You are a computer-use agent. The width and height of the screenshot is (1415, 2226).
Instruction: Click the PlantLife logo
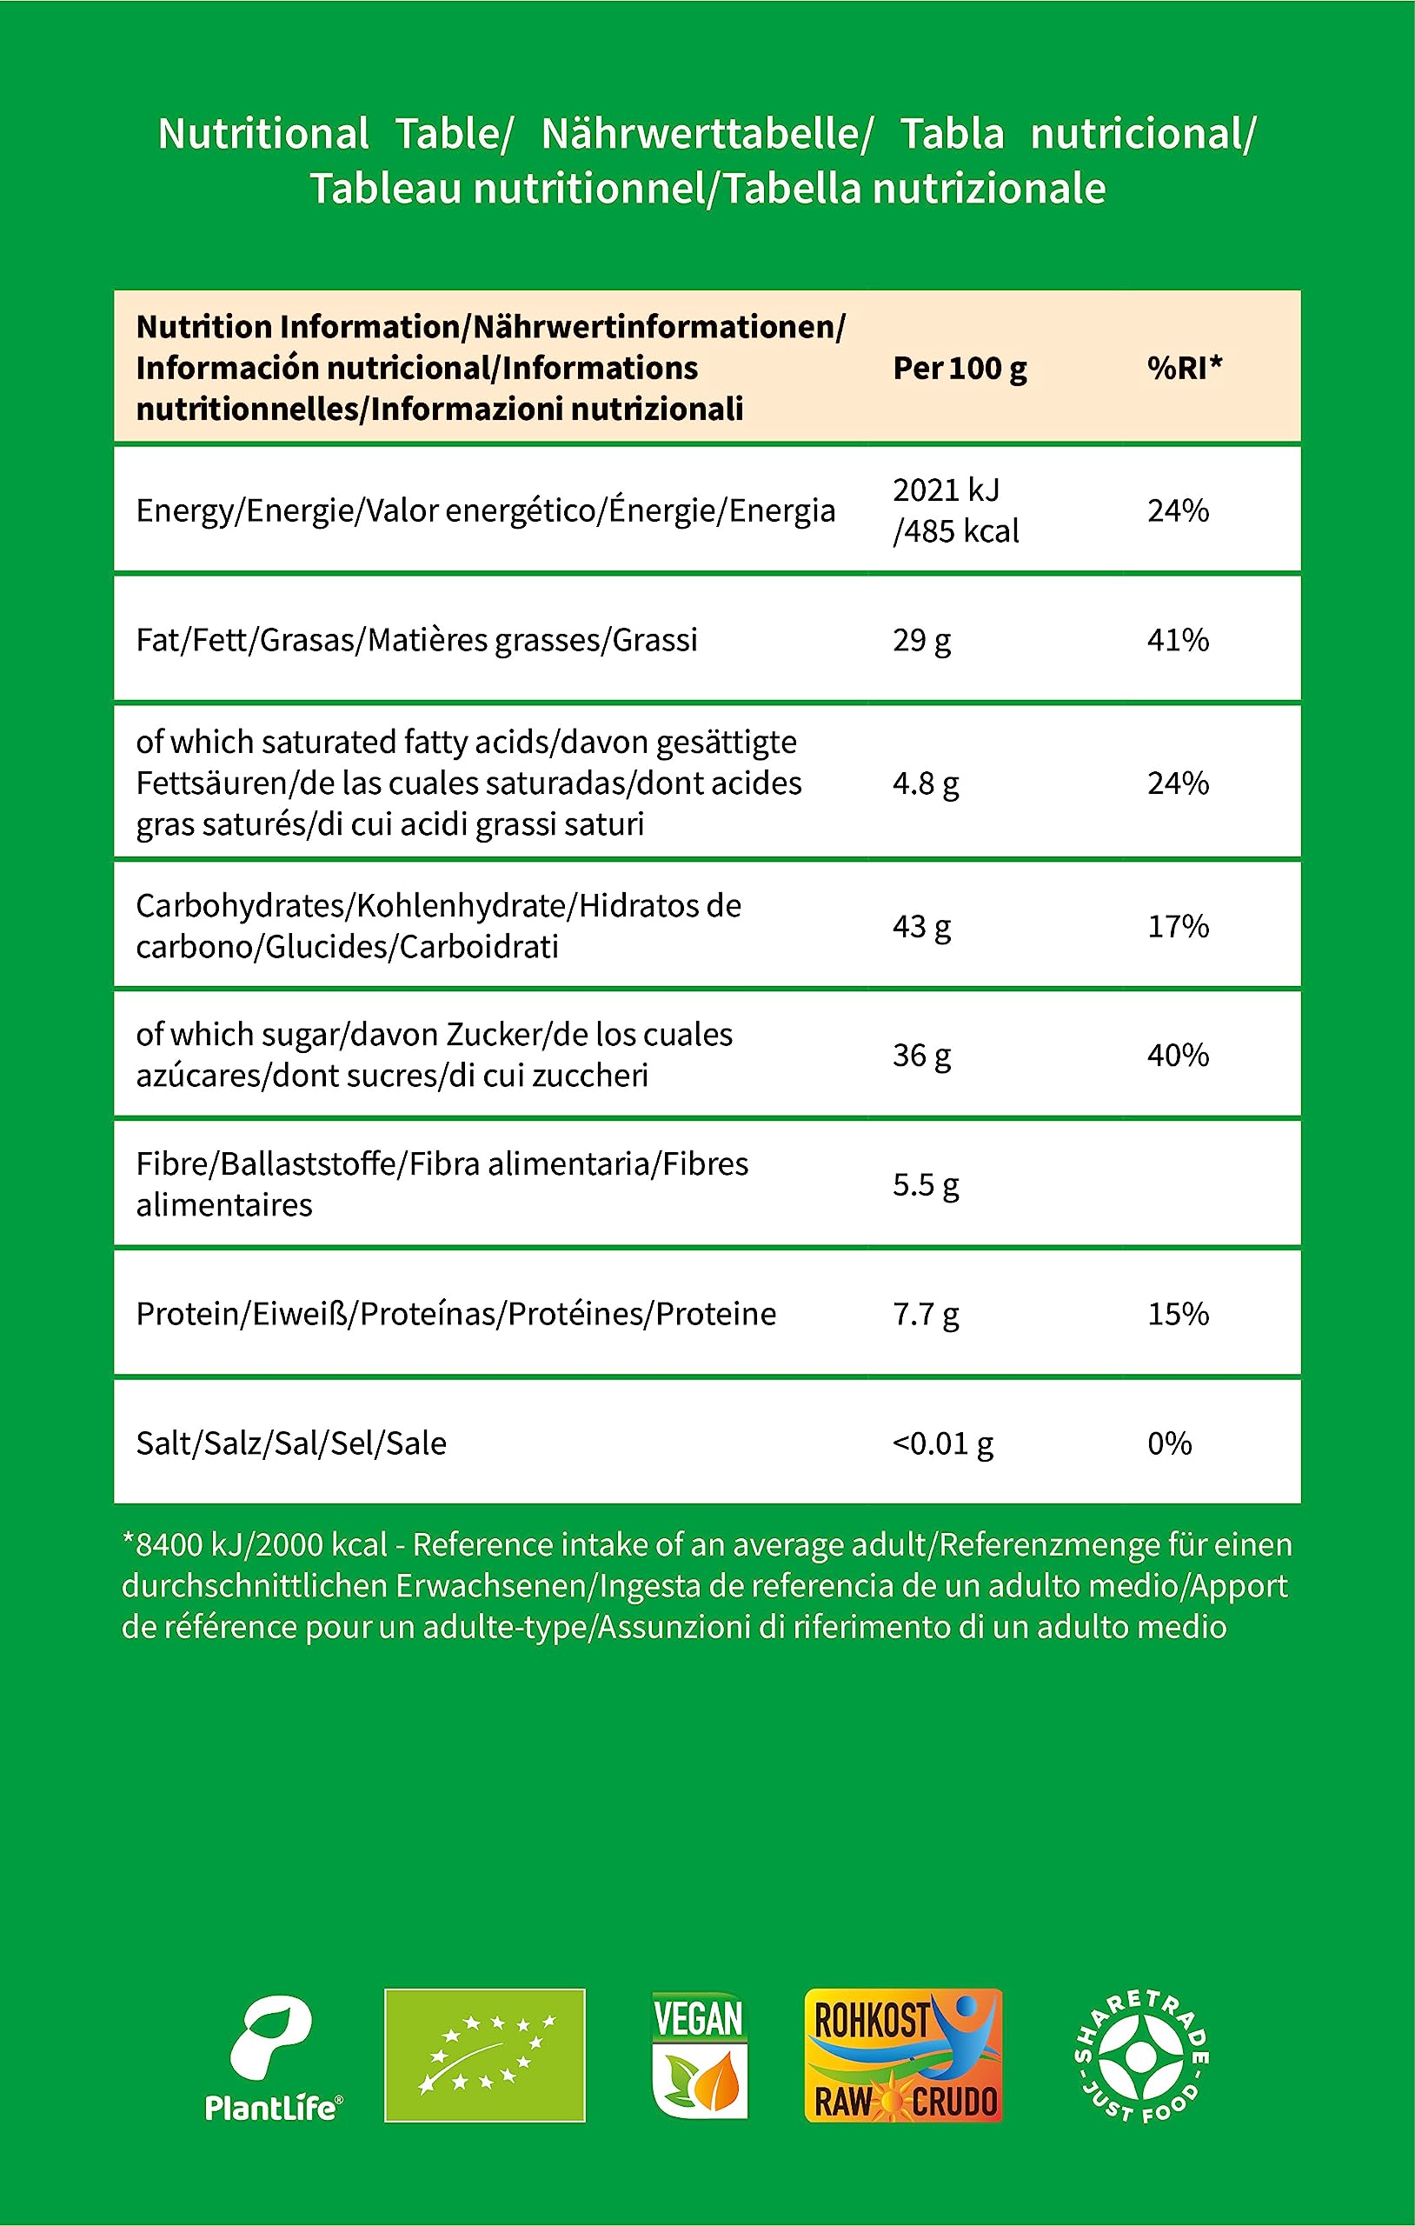[x=273, y=2058]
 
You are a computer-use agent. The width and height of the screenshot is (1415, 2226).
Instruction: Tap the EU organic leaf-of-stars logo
[x=484, y=2056]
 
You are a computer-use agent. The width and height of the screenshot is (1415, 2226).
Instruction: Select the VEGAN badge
[x=699, y=2056]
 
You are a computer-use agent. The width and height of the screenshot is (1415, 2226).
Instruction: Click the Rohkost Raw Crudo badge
[x=903, y=2056]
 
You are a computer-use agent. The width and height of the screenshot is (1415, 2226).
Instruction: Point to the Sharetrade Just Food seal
[x=1141, y=2056]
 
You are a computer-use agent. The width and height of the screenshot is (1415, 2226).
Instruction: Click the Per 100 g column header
[x=960, y=369]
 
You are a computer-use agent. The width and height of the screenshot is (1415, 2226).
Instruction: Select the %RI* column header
[x=1185, y=368]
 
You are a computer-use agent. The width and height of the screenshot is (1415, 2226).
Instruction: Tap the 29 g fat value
[x=921, y=640]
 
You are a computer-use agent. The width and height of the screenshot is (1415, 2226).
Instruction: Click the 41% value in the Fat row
[x=1179, y=640]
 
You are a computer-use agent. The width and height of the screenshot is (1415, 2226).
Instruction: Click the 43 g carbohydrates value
[x=921, y=926]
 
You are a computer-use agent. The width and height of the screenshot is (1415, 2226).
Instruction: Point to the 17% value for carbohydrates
[x=1179, y=926]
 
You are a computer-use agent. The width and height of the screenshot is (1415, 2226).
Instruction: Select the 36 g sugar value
[x=921, y=1056]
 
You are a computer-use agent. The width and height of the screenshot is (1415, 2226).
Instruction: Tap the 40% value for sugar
[x=1179, y=1056]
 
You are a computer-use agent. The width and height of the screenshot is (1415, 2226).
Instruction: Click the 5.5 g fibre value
[x=926, y=1185]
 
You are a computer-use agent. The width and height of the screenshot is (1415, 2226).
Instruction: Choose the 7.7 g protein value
[x=926, y=1315]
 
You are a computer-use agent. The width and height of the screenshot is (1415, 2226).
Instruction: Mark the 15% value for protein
[x=1179, y=1315]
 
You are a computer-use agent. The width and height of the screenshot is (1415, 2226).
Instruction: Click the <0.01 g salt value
[x=943, y=1444]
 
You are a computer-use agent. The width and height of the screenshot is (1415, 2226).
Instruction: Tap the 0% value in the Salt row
[x=1169, y=1444]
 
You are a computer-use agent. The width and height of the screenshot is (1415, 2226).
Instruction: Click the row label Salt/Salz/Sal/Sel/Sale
[x=291, y=1444]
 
